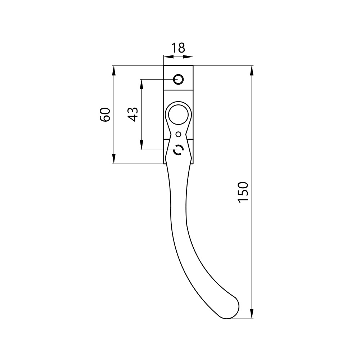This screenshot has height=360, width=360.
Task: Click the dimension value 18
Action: pos(178,48)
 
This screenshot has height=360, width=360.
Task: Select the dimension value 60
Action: pos(105,114)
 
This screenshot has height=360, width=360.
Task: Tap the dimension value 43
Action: pos(133,114)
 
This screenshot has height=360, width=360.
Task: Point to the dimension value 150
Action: pos(243,192)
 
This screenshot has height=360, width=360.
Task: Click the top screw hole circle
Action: pos(179,80)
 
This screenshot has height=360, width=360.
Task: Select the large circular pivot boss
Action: pos(179,114)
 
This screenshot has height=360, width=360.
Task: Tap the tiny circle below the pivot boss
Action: pos(179,134)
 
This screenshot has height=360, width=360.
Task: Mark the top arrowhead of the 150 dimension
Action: pos(252,71)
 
